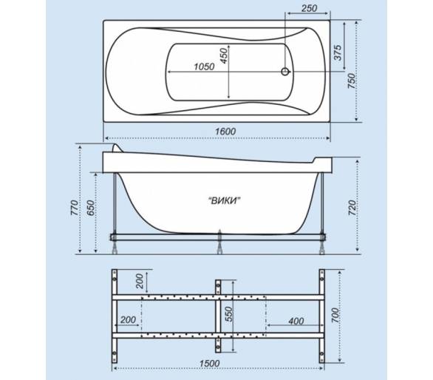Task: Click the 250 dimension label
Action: (x=309, y=8)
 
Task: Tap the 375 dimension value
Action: (x=338, y=52)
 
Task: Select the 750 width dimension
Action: (x=351, y=81)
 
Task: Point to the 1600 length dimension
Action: (x=225, y=132)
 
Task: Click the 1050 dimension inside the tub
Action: (x=204, y=67)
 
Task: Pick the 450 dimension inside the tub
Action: (x=224, y=55)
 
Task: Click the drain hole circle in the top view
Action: (x=285, y=72)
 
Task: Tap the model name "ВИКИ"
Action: (x=224, y=200)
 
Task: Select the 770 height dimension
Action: (x=75, y=208)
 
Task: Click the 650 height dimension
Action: (x=90, y=208)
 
